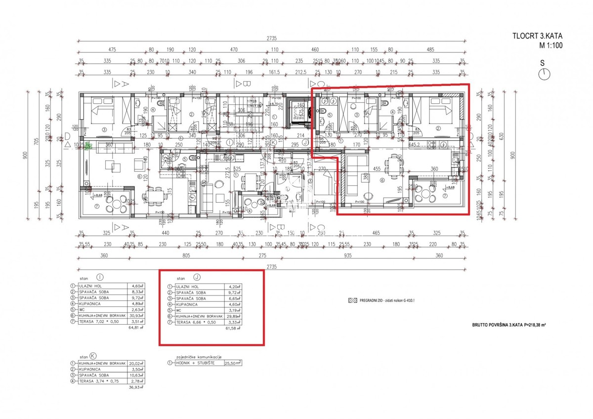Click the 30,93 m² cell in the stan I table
[136, 329]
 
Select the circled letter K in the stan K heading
[100, 356]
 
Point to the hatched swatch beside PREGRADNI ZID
[352, 300]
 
